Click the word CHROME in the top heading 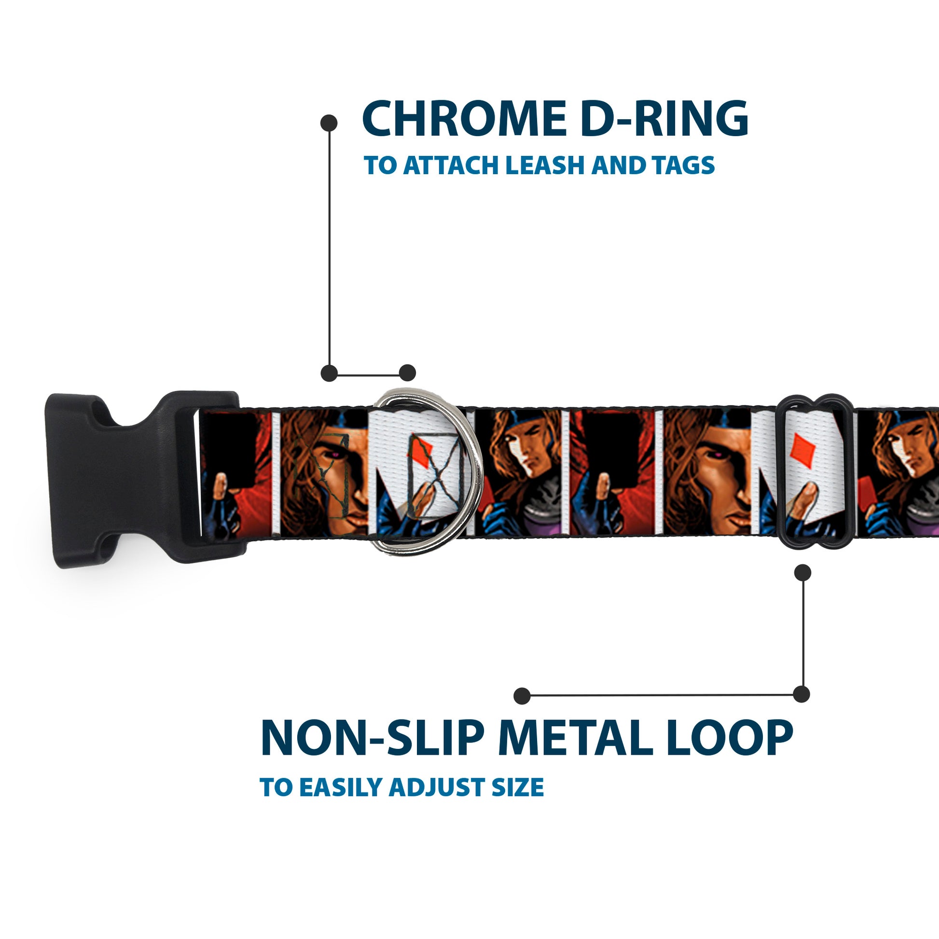(x=464, y=119)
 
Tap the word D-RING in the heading (x=664, y=119)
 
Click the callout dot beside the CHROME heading (x=329, y=123)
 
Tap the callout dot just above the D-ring (x=407, y=373)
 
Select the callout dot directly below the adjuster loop (x=802, y=573)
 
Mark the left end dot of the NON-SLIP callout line (x=522, y=696)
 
